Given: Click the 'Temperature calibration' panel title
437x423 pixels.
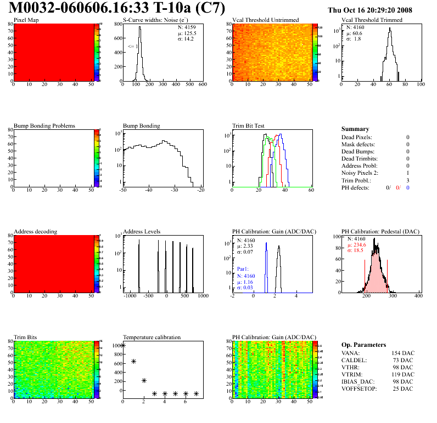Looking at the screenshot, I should [x=152, y=337].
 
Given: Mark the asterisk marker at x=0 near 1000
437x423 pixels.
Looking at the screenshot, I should [x=123, y=345].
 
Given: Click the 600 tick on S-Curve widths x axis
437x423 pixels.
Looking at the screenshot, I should [x=202, y=85].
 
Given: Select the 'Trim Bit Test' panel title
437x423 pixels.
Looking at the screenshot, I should [x=248, y=125].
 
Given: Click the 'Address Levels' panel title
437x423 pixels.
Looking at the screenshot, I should [x=142, y=232].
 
